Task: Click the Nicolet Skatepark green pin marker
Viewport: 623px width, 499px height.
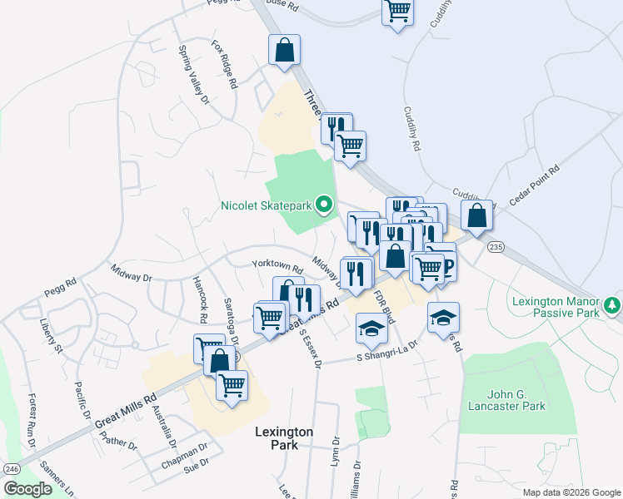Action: (x=326, y=204)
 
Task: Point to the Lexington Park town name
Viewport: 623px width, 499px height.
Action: (x=284, y=438)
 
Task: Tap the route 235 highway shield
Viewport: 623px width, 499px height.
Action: (x=496, y=247)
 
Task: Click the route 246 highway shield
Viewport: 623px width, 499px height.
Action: (x=12, y=468)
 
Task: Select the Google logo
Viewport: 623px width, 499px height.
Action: (x=28, y=489)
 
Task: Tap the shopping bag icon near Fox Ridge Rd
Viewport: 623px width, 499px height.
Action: (x=284, y=50)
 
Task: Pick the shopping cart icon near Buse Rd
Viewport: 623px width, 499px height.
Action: (x=398, y=12)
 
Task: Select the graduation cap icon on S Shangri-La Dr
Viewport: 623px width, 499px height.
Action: (x=371, y=329)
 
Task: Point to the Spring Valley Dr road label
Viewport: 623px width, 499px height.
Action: (x=194, y=74)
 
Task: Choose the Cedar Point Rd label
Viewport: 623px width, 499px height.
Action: (x=535, y=181)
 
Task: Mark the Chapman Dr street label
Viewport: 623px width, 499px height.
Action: (x=185, y=455)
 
